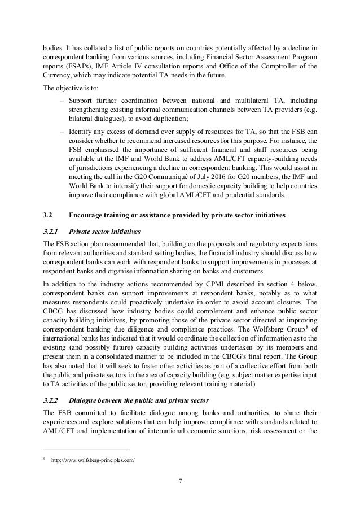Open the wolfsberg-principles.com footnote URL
[93, 460]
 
